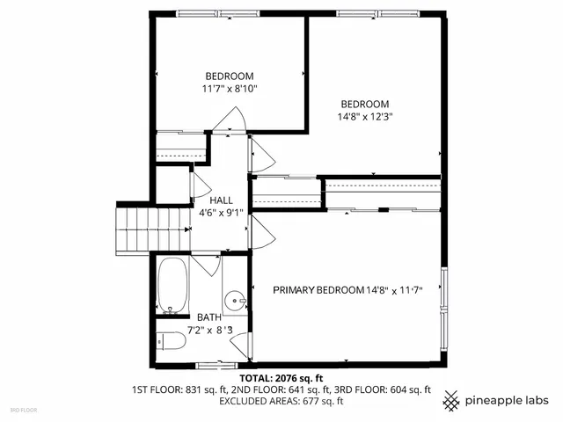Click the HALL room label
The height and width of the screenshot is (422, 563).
coord(221,200)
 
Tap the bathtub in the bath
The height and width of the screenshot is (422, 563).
coord(174,285)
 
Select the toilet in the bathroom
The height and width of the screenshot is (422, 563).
coord(172,341)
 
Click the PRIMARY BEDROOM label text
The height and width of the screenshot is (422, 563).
coord(317,290)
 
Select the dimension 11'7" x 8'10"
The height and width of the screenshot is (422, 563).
coord(230,88)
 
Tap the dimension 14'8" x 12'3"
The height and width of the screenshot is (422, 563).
coord(365,116)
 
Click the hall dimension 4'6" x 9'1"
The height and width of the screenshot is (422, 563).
coord(222,211)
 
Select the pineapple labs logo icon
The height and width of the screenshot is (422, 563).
coord(452,400)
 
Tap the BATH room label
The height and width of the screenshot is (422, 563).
coord(209,317)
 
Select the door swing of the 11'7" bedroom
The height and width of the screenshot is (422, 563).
coord(231,121)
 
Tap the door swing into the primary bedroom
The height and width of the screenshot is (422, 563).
coord(263,233)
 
